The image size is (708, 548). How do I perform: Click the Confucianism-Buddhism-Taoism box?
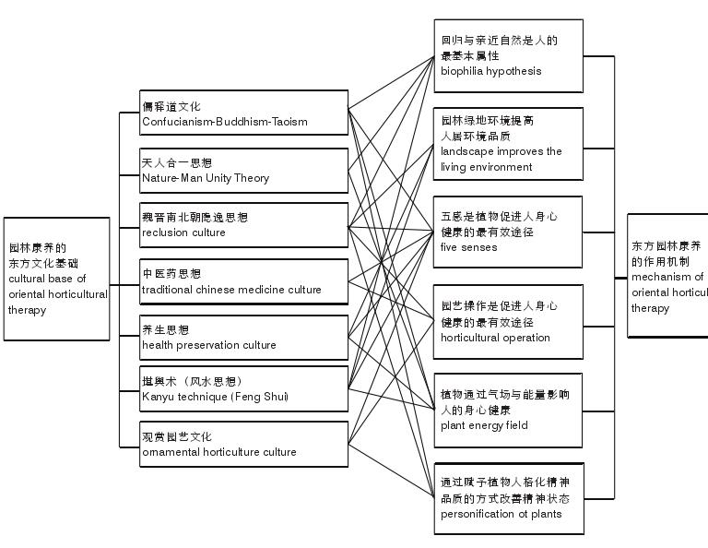(243, 113)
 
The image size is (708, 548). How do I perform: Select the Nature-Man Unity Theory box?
(243, 170)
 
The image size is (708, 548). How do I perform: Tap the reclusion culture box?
(243, 225)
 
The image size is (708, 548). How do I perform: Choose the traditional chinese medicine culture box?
(243, 281)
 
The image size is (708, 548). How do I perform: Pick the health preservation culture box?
(243, 337)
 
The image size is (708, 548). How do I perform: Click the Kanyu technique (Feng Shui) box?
(243, 388)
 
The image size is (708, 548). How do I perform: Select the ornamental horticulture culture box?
(243, 444)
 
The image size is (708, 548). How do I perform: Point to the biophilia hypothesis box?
(508, 55)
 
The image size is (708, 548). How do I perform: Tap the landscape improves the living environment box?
(508, 144)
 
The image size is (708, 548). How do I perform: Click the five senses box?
(508, 232)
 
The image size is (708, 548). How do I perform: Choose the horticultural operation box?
(508, 321)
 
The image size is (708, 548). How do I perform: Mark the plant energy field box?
(508, 410)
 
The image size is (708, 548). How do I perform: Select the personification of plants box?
(508, 498)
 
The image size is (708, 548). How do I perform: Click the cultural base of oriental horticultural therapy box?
(56, 279)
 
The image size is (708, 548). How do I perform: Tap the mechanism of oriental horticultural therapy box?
(667, 276)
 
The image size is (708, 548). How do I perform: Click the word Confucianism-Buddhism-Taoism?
(225, 122)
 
